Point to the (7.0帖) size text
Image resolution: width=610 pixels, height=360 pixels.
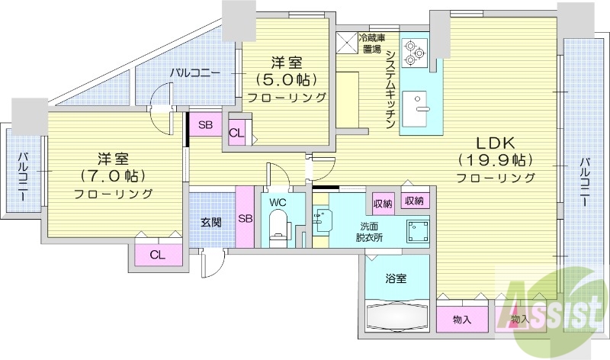pyautogui.click(x=113, y=176)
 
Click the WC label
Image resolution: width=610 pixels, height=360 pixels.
pyautogui.click(x=277, y=202)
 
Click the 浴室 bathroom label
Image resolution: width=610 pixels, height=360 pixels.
pyautogui.click(x=395, y=278)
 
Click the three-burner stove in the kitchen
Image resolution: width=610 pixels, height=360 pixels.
pyautogui.click(x=413, y=49)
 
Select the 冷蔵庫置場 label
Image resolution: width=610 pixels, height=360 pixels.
pyautogui.click(x=372, y=43)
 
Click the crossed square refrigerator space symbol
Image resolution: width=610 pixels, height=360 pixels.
pyautogui.click(x=348, y=43)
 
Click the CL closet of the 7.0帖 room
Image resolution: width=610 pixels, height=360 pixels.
pyautogui.click(x=156, y=255)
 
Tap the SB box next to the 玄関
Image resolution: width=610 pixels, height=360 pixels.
pyautogui.click(x=246, y=217)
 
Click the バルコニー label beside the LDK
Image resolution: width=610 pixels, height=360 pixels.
pyautogui.click(x=584, y=183)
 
